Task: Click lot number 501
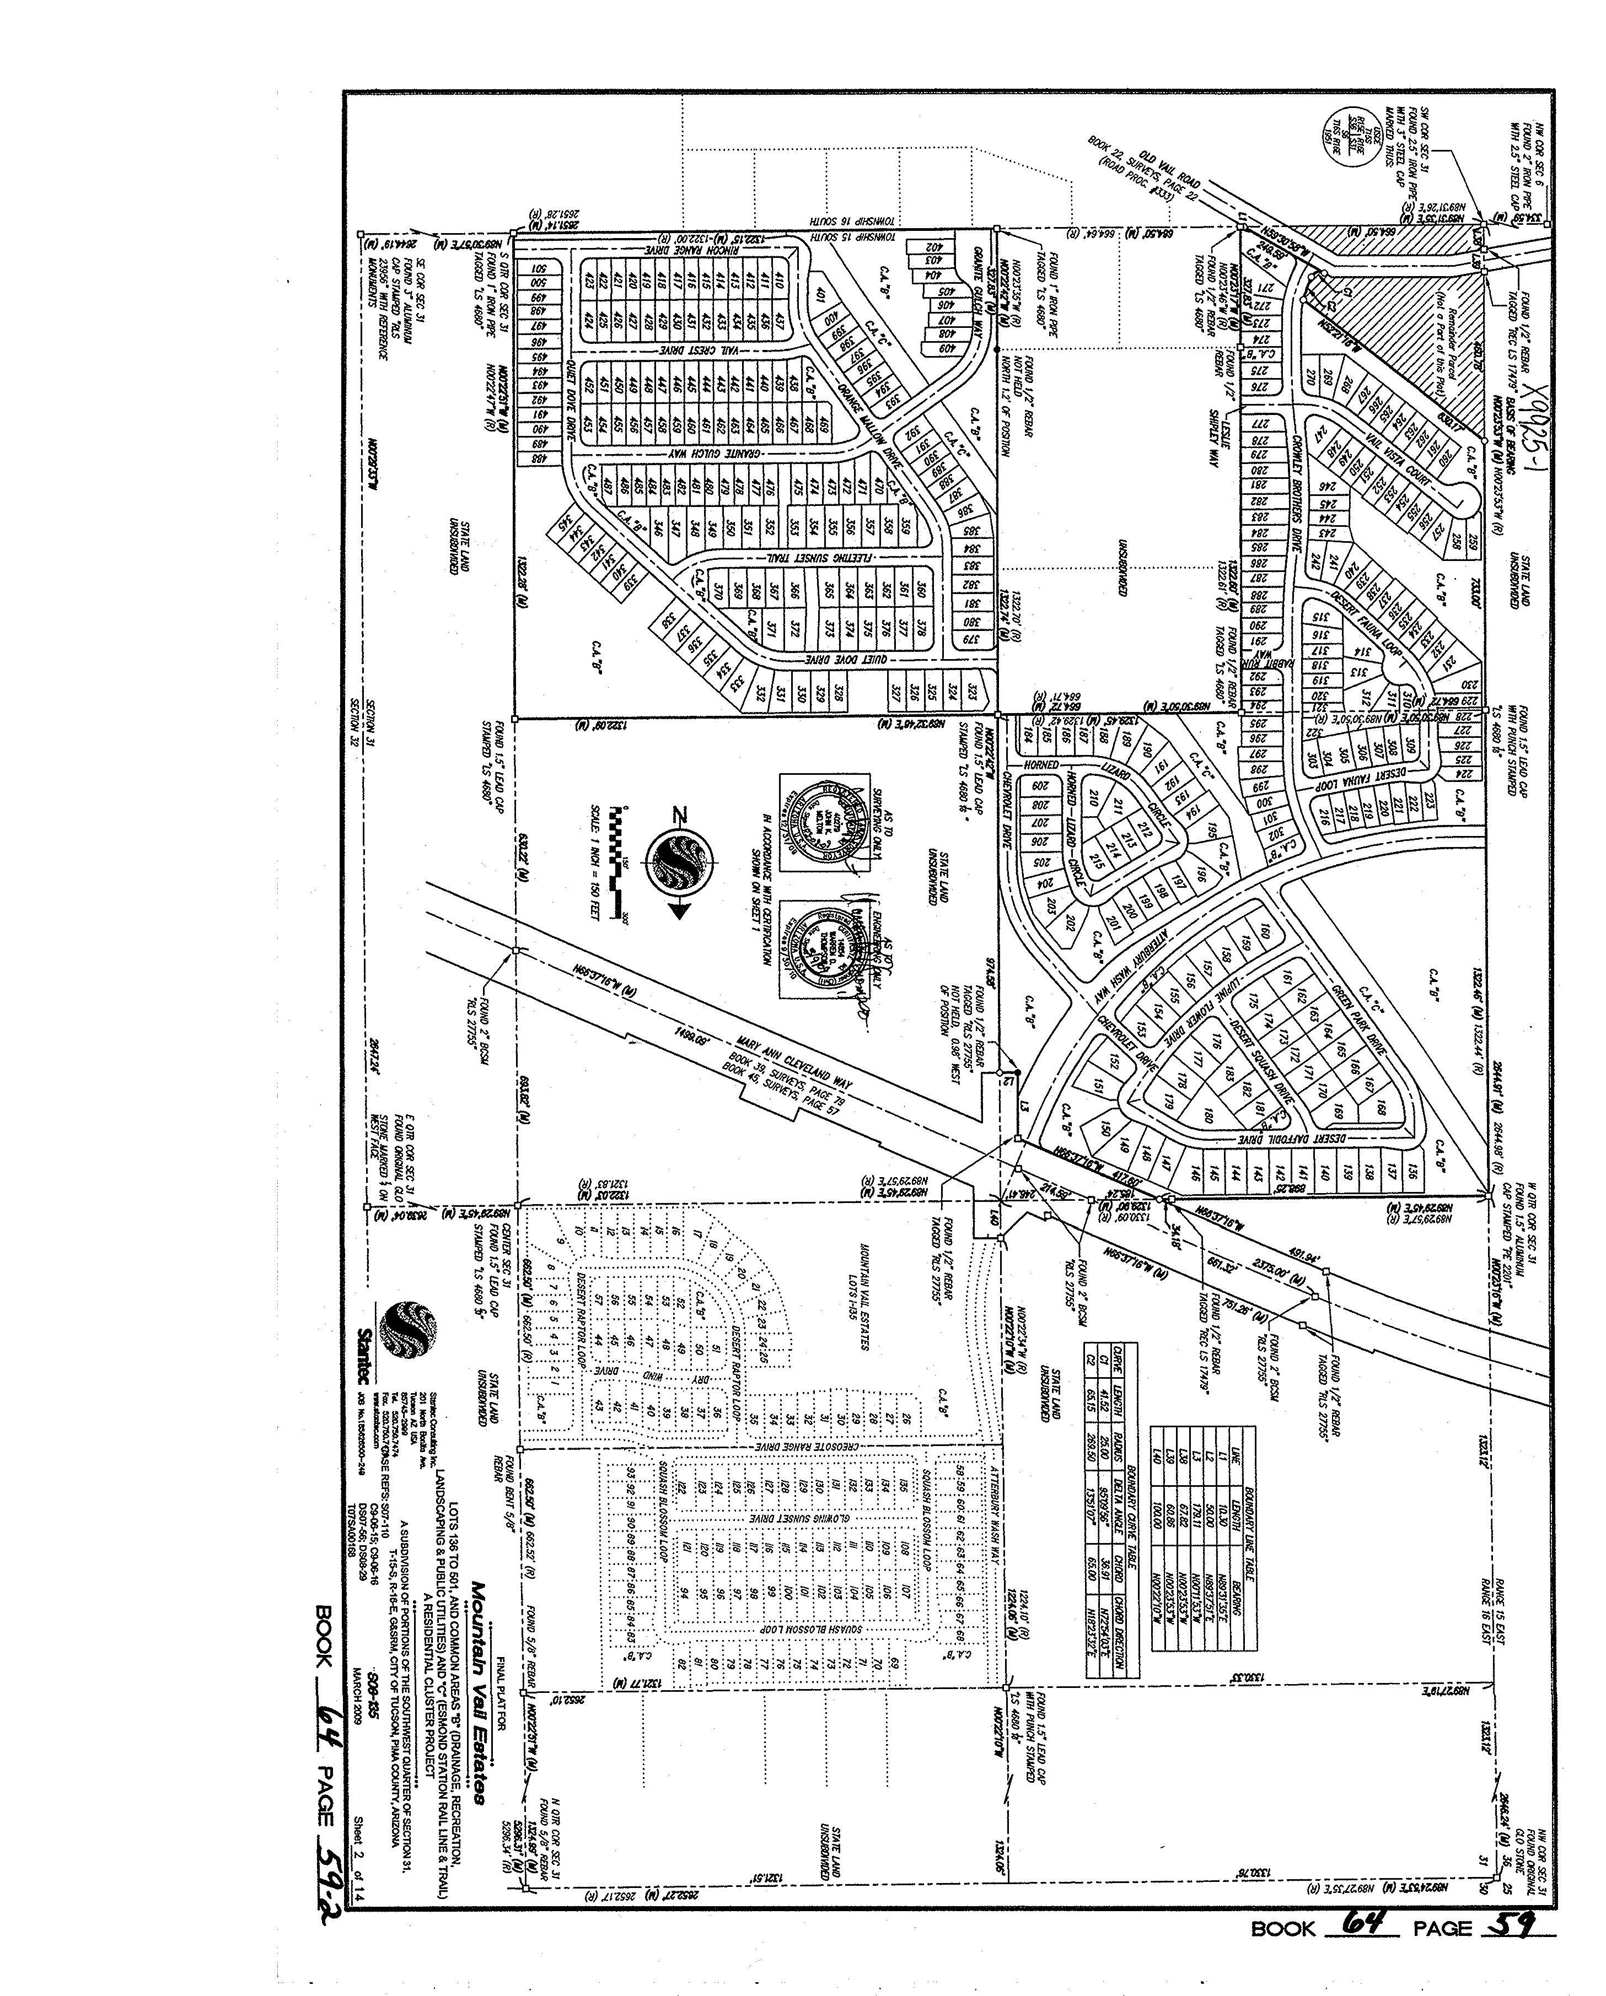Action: (x=536, y=269)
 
